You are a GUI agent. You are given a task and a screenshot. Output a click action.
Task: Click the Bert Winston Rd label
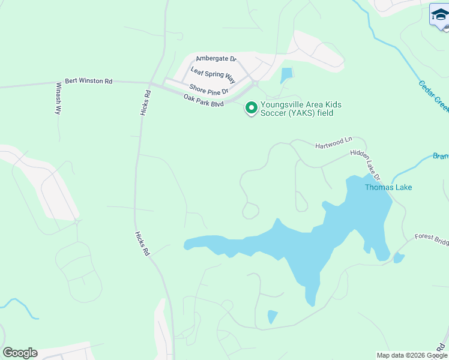coord(88,80)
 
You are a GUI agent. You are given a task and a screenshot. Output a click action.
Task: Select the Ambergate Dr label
coord(216,59)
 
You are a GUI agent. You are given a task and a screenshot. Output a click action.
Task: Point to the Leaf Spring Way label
coord(212,73)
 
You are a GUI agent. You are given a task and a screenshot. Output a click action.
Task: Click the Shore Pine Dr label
coord(209,89)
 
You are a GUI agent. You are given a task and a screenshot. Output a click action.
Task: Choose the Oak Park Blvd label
coord(203,100)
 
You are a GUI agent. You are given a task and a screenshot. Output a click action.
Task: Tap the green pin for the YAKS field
coord(251,109)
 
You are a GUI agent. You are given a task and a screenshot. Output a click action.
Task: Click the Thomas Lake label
coord(388,187)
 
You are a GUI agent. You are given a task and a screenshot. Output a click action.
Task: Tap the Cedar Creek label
coord(433,94)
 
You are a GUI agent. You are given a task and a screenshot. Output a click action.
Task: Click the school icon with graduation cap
coord(439,14)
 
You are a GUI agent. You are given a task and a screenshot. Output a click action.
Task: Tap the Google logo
coord(20,353)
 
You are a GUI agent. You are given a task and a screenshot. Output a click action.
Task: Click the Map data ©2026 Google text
coord(412,355)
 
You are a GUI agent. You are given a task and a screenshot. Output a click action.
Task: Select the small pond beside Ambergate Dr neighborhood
coord(286,76)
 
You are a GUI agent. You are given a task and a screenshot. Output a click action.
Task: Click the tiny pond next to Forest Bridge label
coord(398,258)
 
